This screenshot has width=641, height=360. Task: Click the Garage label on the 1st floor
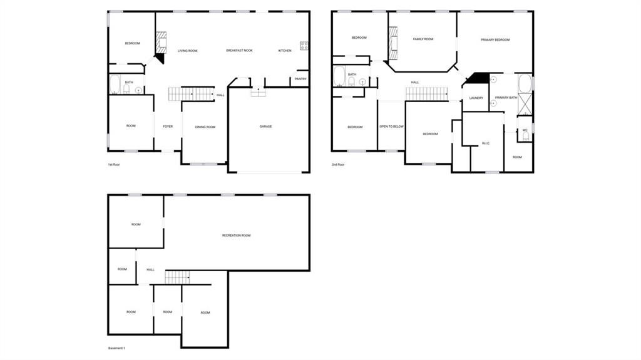(265, 126)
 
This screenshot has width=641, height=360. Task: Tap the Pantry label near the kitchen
(300, 79)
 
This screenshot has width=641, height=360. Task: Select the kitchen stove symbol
(304, 46)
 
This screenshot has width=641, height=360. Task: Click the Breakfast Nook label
(240, 50)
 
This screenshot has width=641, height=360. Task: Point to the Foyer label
(168, 126)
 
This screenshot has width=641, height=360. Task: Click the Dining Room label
(205, 127)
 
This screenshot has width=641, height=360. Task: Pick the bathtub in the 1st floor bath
(115, 85)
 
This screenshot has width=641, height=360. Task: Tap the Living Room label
(188, 51)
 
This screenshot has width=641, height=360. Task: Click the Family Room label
(423, 39)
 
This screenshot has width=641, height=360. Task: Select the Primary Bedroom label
(495, 39)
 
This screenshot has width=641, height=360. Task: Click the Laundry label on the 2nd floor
(476, 98)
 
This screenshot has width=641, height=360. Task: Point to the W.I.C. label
(486, 143)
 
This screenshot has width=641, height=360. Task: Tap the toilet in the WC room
(526, 136)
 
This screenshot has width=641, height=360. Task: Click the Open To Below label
(392, 126)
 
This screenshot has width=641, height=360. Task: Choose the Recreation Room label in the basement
(236, 235)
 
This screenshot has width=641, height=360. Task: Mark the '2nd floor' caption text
(338, 165)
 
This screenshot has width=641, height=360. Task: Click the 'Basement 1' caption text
(116, 348)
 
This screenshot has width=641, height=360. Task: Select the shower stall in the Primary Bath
(525, 105)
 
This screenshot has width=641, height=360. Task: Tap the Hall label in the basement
(150, 270)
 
